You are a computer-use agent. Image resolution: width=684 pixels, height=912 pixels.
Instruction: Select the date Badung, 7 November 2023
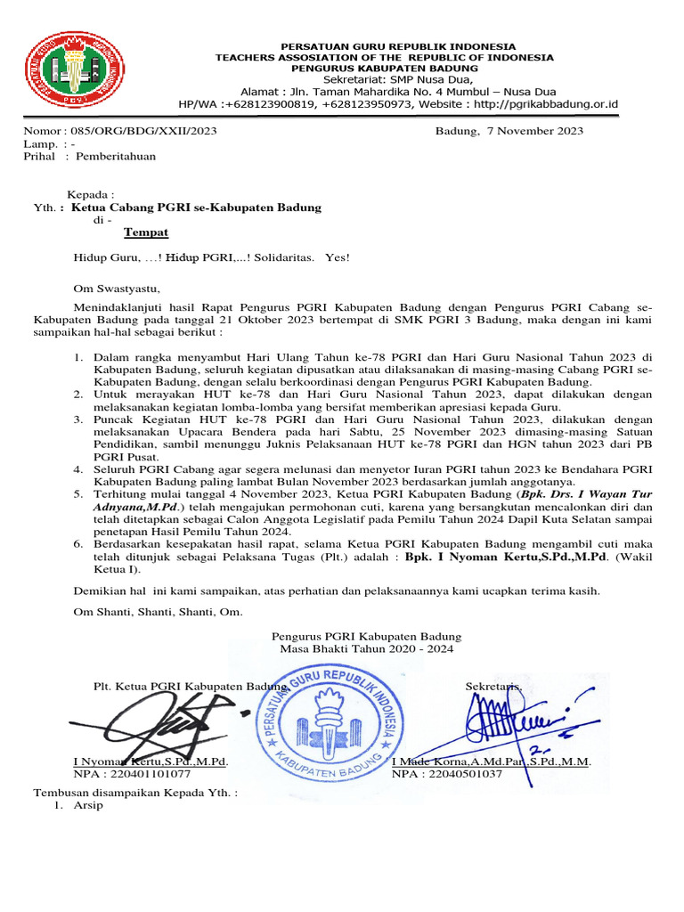[509, 131]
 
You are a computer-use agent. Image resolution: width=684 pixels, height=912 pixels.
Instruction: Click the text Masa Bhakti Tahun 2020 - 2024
[366, 649]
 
